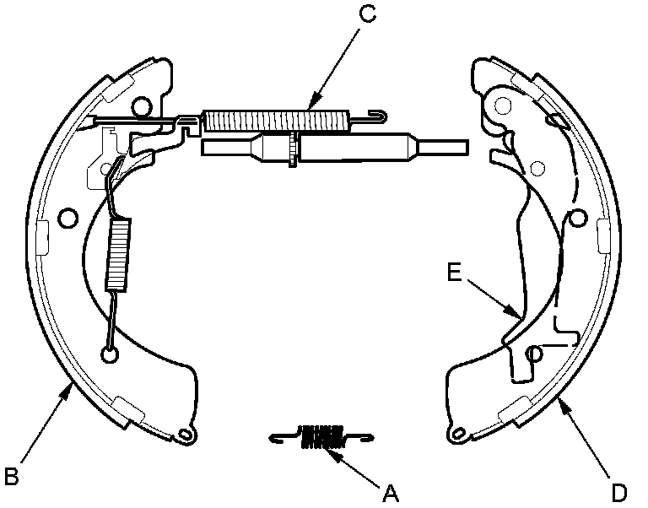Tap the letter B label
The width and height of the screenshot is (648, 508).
point(11,477)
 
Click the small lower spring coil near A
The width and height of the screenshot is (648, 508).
point(321,435)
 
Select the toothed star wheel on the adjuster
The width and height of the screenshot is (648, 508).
point(292,149)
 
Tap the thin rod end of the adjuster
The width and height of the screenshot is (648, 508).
point(444,147)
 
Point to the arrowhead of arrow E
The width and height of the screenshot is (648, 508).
point(516,316)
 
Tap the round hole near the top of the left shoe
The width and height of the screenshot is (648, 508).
point(142,105)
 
